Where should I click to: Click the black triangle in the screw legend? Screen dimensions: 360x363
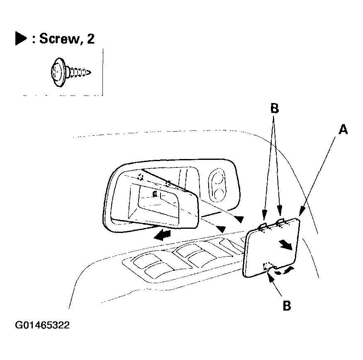(x=20, y=39)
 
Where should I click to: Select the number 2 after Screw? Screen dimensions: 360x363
(x=90, y=39)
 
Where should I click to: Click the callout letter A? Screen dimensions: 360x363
(x=343, y=130)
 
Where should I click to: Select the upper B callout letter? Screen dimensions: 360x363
(x=274, y=109)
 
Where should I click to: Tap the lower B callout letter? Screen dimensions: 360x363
(x=286, y=306)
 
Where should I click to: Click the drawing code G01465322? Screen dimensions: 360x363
(x=42, y=325)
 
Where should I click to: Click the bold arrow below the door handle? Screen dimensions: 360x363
(x=161, y=236)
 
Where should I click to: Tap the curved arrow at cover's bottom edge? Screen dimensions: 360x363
(x=286, y=271)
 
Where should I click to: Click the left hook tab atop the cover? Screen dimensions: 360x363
(x=263, y=225)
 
